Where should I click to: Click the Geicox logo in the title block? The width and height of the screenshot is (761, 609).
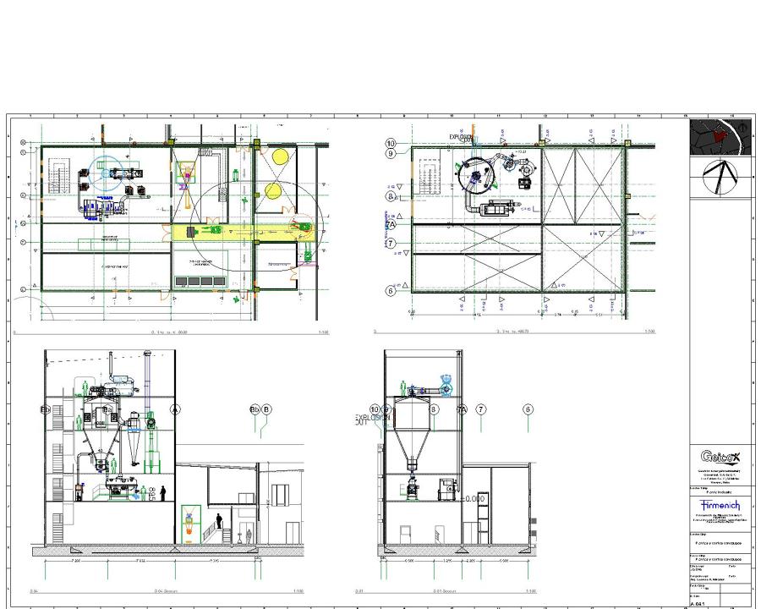pos(719,457)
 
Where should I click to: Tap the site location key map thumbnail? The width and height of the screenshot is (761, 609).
pos(720,136)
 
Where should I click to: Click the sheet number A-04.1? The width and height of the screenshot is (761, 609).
pos(698,604)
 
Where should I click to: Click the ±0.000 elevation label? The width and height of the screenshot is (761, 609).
pos(474,499)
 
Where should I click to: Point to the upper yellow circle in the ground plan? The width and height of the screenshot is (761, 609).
pos(280,156)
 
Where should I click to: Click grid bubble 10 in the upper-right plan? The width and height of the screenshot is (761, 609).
pos(391,144)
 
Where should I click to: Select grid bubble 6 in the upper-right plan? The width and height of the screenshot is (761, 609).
pos(391,290)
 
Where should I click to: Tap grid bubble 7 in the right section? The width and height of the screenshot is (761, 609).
pos(481,409)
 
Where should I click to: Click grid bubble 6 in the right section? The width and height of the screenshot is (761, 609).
pos(528,409)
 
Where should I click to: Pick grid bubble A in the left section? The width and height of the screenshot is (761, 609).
pos(176,409)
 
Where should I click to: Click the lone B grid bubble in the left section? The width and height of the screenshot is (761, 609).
pos(267,409)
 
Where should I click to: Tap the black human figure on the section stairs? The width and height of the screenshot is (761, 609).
pos(219,521)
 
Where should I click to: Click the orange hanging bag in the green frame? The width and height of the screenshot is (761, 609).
pos(189,530)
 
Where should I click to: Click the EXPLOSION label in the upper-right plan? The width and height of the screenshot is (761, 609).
pos(462,136)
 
